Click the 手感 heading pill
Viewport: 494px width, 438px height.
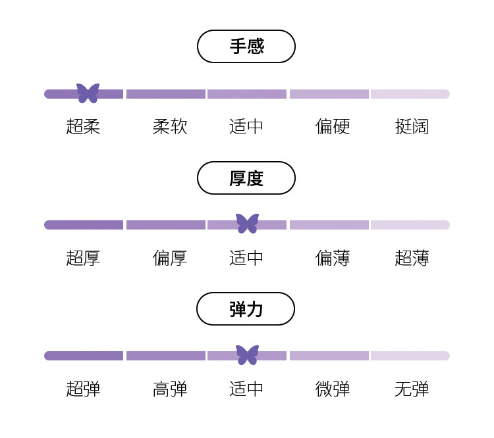[x=246, y=47]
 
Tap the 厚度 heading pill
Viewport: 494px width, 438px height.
[x=246, y=178]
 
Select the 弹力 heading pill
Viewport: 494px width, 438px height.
[x=246, y=309]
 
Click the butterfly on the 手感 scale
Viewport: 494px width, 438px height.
[x=88, y=93]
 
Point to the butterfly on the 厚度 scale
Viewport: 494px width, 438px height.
[x=247, y=224]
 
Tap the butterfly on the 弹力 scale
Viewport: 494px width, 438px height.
[x=247, y=355]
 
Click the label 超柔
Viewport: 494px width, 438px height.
[x=83, y=126]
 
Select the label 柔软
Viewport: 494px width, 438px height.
[x=170, y=126]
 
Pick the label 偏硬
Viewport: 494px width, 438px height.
[x=333, y=126]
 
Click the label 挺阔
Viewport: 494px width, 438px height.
[x=412, y=126]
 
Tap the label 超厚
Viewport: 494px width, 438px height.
[x=83, y=258]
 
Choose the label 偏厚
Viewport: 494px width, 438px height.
[x=170, y=258]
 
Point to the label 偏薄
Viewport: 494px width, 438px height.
[x=333, y=258]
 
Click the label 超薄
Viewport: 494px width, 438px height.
[x=412, y=258]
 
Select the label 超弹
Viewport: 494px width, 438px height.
[x=83, y=389]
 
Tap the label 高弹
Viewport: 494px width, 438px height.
[x=170, y=389]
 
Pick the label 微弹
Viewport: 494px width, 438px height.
[x=333, y=389]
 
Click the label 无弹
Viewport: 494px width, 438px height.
[x=412, y=389]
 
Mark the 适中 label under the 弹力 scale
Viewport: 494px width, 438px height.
[x=246, y=389]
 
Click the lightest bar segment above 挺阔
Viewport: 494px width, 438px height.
[x=410, y=94]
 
